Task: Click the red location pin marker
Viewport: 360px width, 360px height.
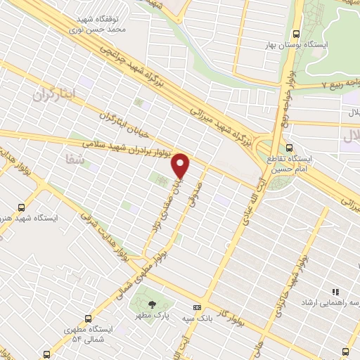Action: tap(181, 166)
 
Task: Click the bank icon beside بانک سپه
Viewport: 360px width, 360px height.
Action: tap(197, 307)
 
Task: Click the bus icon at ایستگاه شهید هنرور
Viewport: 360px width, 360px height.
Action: tap(21, 207)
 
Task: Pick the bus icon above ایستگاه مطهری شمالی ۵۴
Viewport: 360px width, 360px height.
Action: tap(87, 318)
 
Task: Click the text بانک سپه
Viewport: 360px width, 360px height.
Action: tap(217, 308)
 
